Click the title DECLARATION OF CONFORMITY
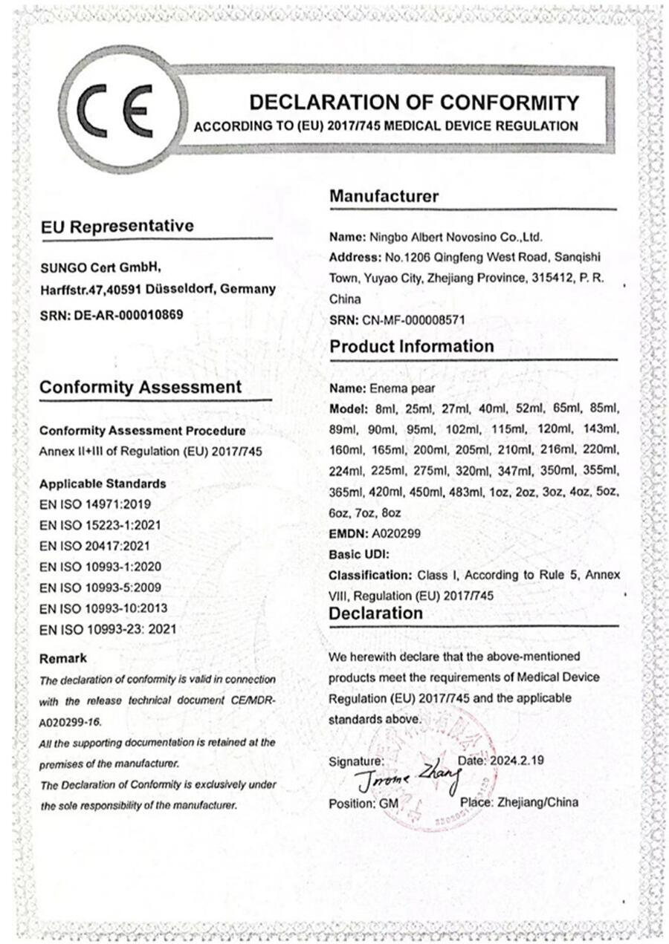413,102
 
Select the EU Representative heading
117,226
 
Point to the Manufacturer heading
384,196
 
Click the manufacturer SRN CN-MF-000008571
428,320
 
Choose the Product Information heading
411,347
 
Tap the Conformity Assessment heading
140,387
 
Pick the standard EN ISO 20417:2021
89,546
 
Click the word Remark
62,658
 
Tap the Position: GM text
363,804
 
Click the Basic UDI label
359,554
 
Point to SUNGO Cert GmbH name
100,267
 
